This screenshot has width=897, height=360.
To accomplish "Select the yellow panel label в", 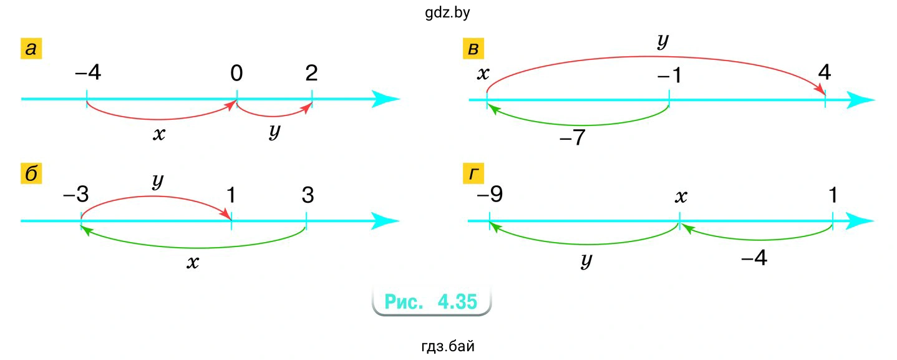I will (473, 49).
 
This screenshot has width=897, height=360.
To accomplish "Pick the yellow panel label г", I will (473, 174).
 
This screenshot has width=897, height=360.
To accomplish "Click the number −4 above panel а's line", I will (87, 74).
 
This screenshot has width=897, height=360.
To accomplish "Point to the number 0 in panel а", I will (236, 74).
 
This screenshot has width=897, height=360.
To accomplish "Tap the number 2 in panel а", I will (312, 74).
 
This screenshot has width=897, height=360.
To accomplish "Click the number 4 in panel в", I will (825, 73).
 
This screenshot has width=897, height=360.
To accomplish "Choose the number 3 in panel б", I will (307, 195).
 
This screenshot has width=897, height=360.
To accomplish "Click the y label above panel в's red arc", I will (663, 41).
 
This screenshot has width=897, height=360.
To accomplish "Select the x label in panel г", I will (681, 197).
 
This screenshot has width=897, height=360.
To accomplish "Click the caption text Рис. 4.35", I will (431, 302).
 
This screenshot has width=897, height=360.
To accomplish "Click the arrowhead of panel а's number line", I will (385, 99).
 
